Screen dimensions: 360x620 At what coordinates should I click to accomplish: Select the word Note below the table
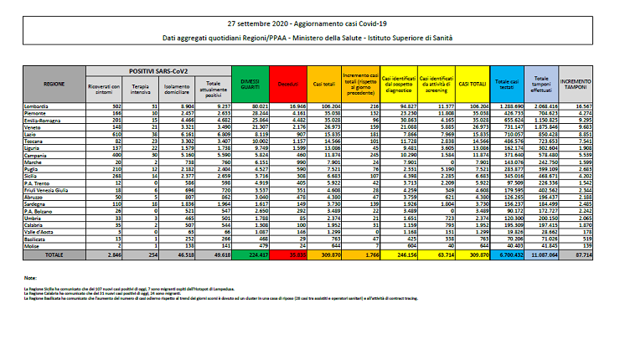click(x=32, y=278)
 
